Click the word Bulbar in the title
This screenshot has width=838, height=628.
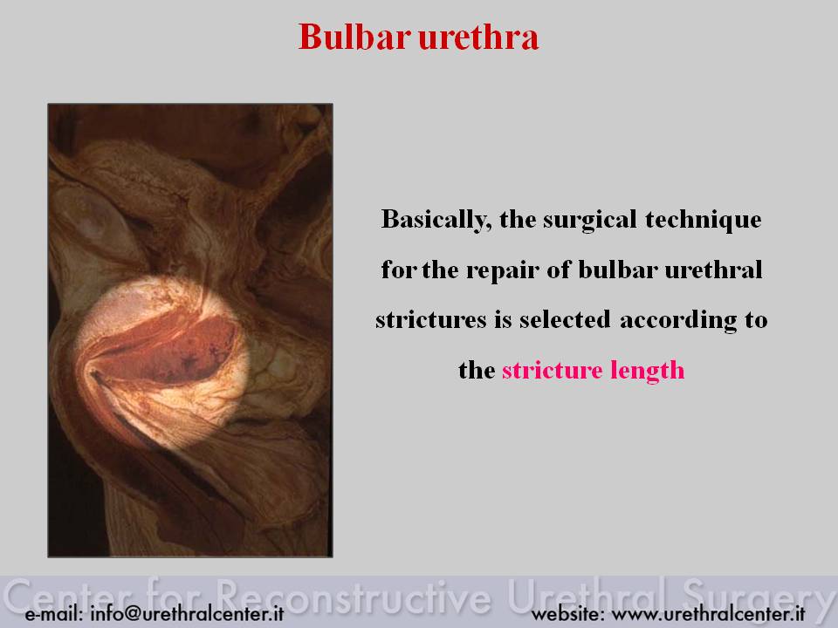(354, 37)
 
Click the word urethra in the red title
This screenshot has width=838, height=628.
(478, 37)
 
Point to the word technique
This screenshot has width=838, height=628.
(704, 220)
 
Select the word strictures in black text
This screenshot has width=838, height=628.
(430, 319)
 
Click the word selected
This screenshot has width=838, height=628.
(565, 319)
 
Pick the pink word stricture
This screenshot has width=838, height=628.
(552, 370)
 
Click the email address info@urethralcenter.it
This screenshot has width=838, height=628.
(187, 613)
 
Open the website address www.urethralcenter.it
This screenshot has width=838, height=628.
(708, 613)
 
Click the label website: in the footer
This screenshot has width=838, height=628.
(567, 613)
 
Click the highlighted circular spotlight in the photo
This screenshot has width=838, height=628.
(161, 361)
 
